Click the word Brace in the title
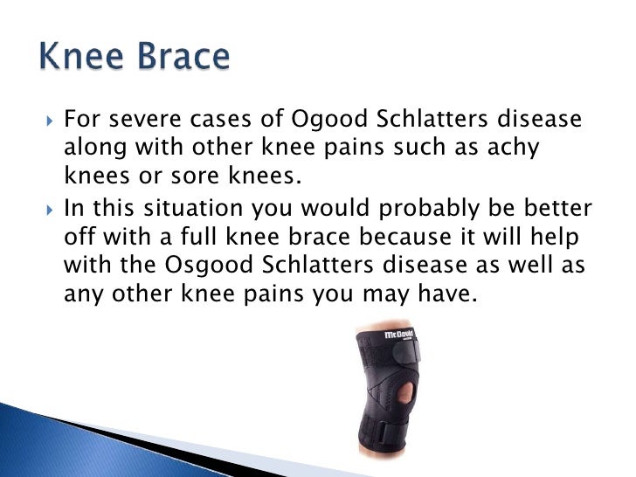coord(183,59)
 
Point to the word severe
coord(143,120)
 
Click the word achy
coord(513,149)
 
